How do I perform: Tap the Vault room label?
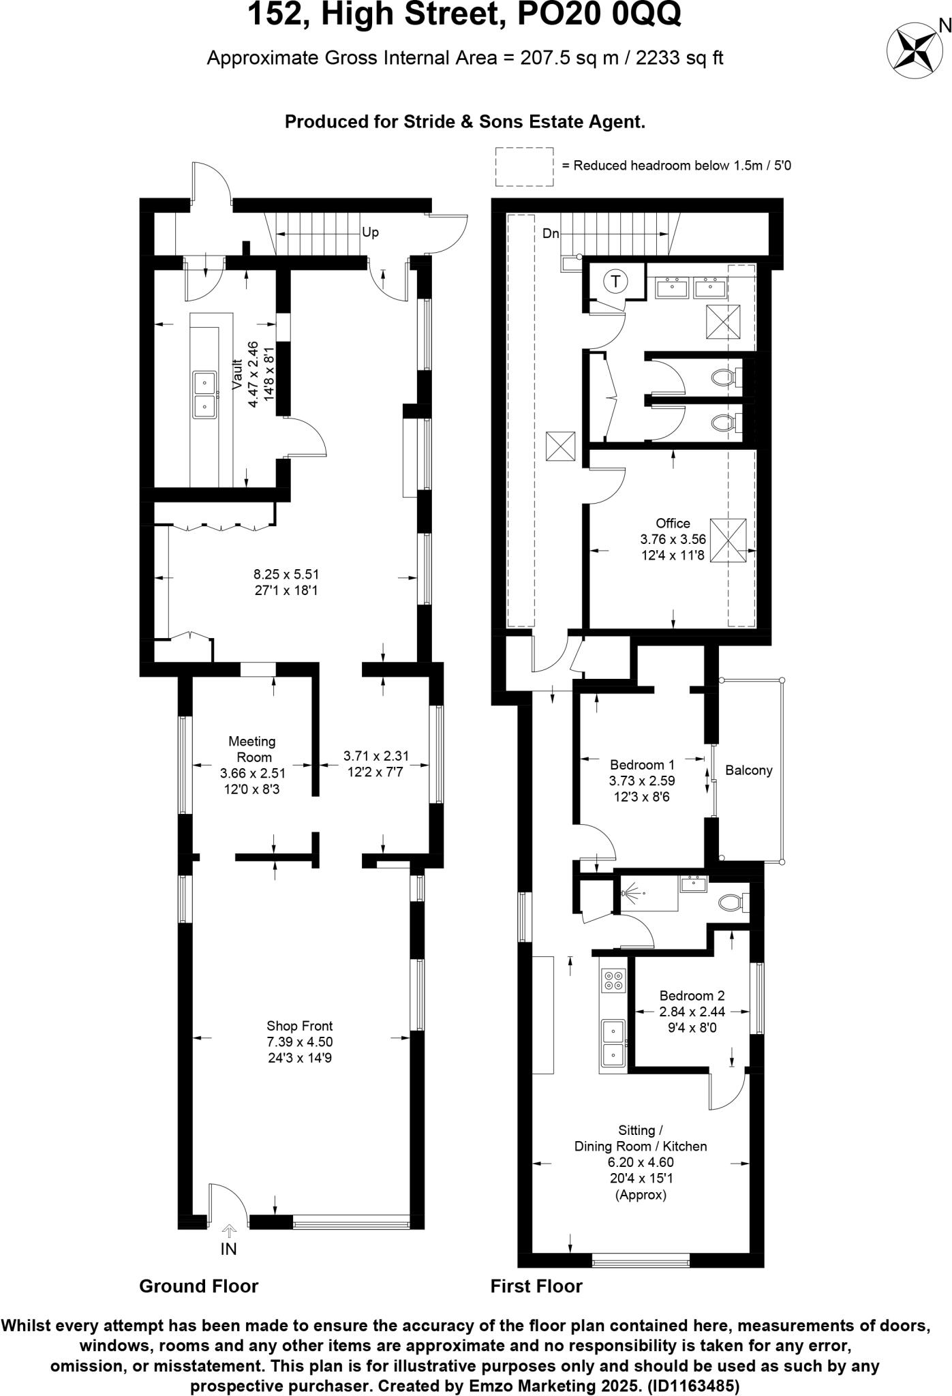[238, 375]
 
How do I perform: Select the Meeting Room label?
[252, 749]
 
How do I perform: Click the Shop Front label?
[299, 1026]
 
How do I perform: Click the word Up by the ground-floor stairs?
[370, 232]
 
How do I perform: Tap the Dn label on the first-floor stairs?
[551, 234]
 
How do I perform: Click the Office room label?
[673, 523]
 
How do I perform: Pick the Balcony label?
[748, 770]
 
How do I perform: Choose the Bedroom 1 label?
[642, 764]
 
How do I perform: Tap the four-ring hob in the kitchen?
[613, 980]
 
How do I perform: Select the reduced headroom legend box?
[523, 166]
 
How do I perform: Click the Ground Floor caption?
[198, 1286]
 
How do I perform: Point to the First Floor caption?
[536, 1286]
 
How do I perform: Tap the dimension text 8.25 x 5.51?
[286, 574]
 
